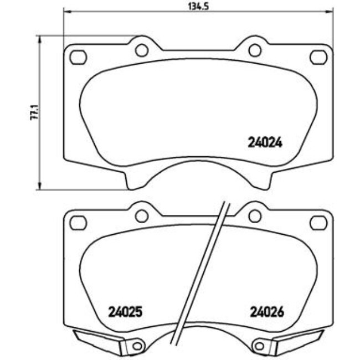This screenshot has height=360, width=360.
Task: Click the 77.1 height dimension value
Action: [x=34, y=112]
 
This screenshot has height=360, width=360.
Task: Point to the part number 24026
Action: [x=266, y=312]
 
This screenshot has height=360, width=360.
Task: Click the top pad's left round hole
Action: [x=141, y=50]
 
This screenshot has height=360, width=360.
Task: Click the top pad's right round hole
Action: [x=254, y=50]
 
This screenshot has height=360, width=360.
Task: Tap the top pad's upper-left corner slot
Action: [x=78, y=56]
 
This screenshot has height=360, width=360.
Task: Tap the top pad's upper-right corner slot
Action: [x=318, y=56]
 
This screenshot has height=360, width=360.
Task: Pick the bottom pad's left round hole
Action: [x=141, y=215]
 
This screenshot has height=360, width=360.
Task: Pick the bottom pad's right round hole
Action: [x=254, y=215]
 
